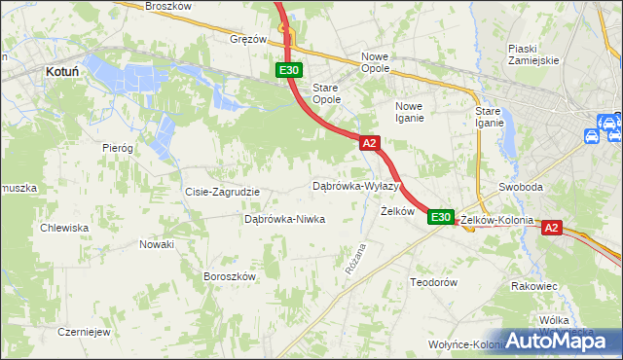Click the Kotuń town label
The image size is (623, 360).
tap(63, 71)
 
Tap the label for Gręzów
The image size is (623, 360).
tap(248, 40)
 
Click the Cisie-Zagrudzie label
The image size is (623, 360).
tap(222, 192)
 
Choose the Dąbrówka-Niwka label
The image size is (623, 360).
tap(284, 219)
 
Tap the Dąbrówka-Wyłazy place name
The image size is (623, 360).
tap(355, 185)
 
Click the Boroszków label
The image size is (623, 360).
tap(229, 276)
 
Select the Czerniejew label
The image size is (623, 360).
tap(83, 331)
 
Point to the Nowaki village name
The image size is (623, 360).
tap(156, 244)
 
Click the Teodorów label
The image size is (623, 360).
tap(433, 281)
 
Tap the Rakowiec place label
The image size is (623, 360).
tap(533, 286)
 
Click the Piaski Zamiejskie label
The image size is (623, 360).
tap(533, 54)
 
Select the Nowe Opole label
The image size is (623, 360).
tap(375, 62)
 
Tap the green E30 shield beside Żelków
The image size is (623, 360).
tap(440, 217)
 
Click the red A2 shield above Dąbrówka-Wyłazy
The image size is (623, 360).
tap(369, 143)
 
